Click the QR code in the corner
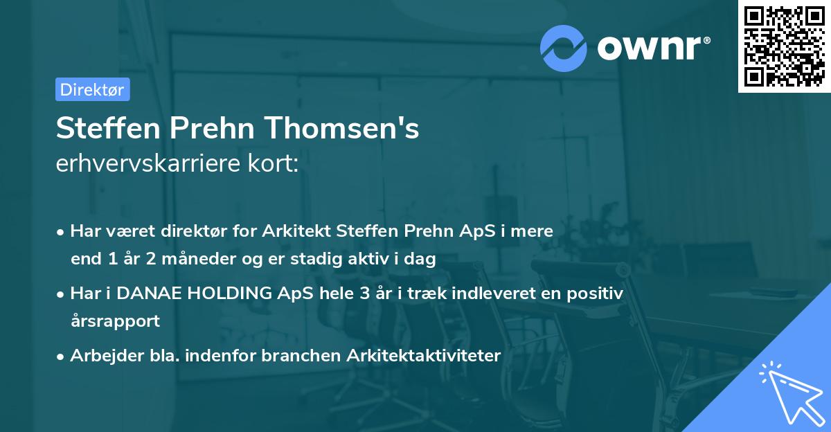tap(785, 46)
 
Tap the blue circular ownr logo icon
tap(564, 48)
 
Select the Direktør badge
tap(92, 89)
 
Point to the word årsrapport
tap(115, 321)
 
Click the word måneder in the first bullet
tap(175, 260)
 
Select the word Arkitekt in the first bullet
tap(296, 231)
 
